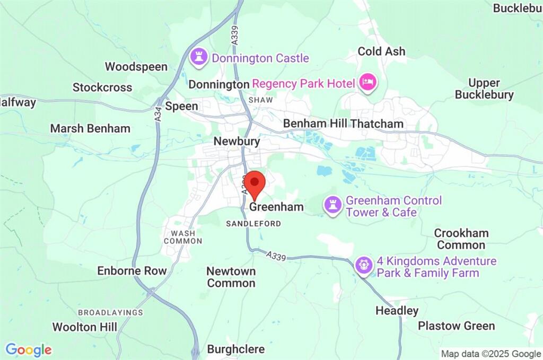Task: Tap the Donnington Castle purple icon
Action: (x=199, y=58)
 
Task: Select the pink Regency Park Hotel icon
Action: (x=367, y=83)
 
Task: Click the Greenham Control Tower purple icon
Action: (x=332, y=206)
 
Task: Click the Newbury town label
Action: (x=237, y=142)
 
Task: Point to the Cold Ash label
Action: (x=381, y=51)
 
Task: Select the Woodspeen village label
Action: (x=136, y=67)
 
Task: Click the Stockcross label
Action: (x=102, y=87)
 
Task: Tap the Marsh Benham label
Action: (x=90, y=128)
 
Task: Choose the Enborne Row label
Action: (x=132, y=271)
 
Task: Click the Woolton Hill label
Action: (x=85, y=327)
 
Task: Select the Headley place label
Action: (x=397, y=311)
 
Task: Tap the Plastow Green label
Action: (x=456, y=326)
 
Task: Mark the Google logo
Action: (x=29, y=350)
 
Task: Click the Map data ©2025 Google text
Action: (x=491, y=354)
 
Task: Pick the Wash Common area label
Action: (x=183, y=237)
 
